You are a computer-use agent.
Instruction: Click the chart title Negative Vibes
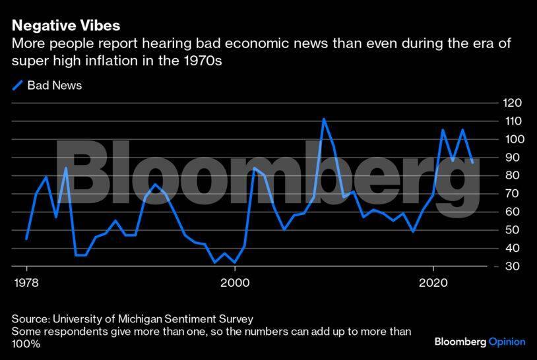[65, 26]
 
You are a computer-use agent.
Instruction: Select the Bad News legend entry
[54, 85]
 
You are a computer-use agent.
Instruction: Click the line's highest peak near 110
[323, 119]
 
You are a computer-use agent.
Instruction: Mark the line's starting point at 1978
[26, 238]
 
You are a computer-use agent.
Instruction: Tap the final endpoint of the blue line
[472, 162]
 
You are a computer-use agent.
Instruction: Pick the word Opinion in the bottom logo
[507, 342]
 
